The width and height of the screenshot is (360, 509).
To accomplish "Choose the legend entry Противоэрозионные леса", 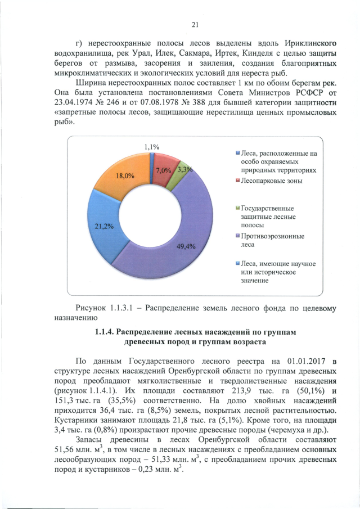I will (x=274, y=240).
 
